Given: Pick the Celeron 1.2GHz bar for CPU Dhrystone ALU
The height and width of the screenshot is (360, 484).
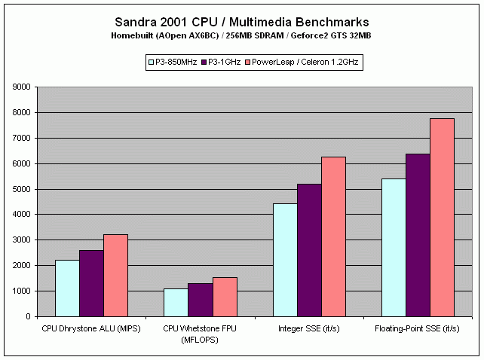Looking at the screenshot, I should pos(115,276).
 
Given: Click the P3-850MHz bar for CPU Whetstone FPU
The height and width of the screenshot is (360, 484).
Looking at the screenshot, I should pos(176,303).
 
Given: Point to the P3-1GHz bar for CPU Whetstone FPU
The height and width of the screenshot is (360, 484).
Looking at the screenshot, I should pos(200,300).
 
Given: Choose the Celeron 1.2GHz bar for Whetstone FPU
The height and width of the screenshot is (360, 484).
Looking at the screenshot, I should pos(225,297).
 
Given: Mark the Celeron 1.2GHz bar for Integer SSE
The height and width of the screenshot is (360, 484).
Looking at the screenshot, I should pos(333,236).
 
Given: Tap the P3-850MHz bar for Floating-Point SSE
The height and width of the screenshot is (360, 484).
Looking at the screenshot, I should pos(394,248).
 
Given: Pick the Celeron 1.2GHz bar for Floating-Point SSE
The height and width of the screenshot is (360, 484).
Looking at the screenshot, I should pos(442,218).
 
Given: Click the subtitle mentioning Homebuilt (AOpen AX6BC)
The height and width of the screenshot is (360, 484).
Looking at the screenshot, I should pos(241,36).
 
